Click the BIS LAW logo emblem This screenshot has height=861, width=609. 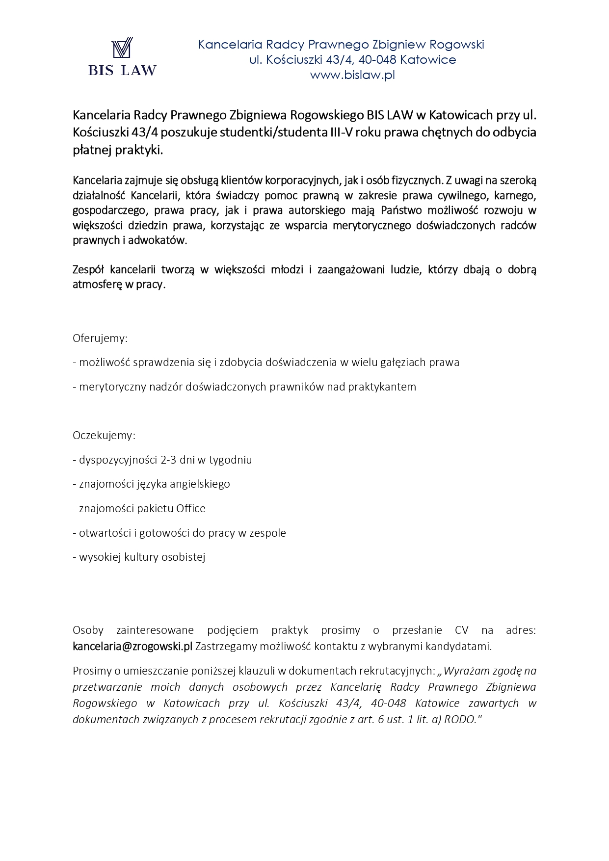point(122,49)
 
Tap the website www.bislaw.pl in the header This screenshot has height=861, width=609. point(352,75)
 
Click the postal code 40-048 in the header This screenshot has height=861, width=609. point(377,60)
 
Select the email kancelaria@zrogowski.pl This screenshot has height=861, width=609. point(132,646)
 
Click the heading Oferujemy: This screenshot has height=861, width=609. point(100,339)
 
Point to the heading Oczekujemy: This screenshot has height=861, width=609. point(104,436)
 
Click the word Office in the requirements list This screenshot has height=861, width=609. point(191,509)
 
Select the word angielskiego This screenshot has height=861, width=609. point(200,484)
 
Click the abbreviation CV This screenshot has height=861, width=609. point(461,630)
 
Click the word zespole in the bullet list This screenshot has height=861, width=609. point(267,533)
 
